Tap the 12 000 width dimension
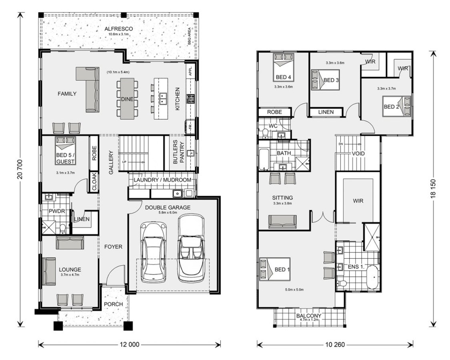[129, 344]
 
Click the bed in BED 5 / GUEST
[65, 150]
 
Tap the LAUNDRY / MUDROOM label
[162, 180]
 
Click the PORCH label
[113, 304]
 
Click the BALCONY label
[308, 316]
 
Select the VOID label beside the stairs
[358, 154]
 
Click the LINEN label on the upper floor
[326, 112]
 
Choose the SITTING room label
[282, 198]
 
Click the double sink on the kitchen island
[163, 98]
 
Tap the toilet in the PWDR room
[62, 228]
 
